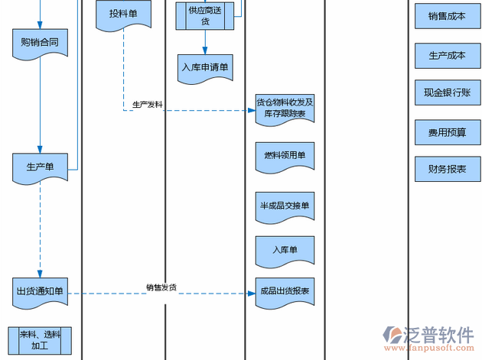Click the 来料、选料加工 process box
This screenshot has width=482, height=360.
pos(40,340)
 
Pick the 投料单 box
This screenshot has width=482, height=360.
pos(123,15)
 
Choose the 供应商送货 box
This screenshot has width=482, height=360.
pos(205,16)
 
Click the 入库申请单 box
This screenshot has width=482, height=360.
pos(205,66)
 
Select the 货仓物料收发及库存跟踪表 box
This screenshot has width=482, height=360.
pos(285,108)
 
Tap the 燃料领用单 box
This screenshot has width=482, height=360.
pos(285,156)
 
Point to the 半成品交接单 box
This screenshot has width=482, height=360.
pos(285,205)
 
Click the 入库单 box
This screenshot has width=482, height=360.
pos(285,249)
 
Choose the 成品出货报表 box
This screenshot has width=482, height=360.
pos(285,291)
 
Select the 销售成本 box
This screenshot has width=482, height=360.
pos(447,16)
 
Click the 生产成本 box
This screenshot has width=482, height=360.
pos(447,55)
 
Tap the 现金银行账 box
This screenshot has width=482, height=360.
pos(447,92)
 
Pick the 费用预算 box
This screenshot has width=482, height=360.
pos(447,132)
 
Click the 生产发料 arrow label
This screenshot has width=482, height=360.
pos(147,104)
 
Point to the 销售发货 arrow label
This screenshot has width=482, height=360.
pos(161,287)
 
